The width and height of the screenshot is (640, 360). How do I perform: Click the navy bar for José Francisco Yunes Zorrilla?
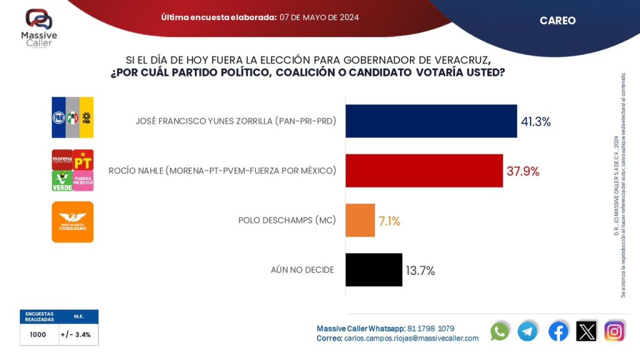point(431,121)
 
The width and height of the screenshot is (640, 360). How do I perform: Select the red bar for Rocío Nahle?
point(424,170)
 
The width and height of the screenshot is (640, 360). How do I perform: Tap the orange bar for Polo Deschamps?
point(360,220)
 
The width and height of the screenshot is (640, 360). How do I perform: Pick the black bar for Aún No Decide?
point(374,270)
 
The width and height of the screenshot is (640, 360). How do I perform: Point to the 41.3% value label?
point(536,122)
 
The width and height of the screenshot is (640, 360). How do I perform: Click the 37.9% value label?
point(522,171)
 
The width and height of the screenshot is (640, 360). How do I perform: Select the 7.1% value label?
point(389,221)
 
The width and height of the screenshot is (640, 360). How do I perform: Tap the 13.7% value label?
point(420,271)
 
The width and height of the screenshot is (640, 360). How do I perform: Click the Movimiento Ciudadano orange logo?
point(72,221)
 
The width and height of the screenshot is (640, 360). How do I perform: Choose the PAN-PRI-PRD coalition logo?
point(72,117)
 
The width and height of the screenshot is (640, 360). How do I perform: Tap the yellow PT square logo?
point(83,160)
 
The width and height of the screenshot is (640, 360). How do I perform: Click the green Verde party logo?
point(62,181)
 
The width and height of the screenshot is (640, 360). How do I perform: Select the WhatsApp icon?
point(500,331)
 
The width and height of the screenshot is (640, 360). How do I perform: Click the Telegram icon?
point(527,331)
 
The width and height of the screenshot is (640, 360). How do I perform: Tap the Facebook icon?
point(558,331)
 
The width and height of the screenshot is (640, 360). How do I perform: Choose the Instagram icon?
point(614,331)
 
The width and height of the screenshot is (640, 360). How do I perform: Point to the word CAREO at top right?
point(557,21)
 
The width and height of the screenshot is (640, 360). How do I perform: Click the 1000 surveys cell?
point(38,334)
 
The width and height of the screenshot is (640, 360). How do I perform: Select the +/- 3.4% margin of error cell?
point(78,334)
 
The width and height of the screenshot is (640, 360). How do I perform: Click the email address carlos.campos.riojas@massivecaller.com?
point(411,338)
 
